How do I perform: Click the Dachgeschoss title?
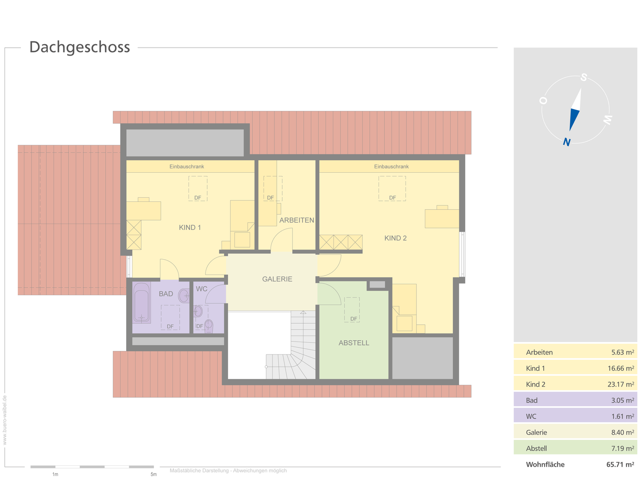coord(79,47)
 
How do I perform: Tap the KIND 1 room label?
coord(190,228)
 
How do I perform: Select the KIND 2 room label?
coord(395,238)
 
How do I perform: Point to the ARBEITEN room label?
coord(296,220)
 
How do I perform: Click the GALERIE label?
coord(277,279)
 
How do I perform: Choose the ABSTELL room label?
coord(354,343)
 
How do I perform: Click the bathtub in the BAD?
coord(142,302)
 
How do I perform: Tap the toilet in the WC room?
coord(208,326)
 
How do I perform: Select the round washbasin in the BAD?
coord(184,295)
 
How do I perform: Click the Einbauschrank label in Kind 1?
coord(186,167)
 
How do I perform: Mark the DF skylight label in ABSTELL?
coord(354,319)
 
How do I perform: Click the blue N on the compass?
coord(567,142)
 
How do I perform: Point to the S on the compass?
coord(584,77)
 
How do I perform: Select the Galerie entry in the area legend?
coord(536,432)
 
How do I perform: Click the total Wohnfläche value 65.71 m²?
coord(620,465)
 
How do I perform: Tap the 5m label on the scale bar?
coord(153,474)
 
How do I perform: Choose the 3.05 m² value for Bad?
coord(622,400)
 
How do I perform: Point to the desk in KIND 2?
coord(441,218)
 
